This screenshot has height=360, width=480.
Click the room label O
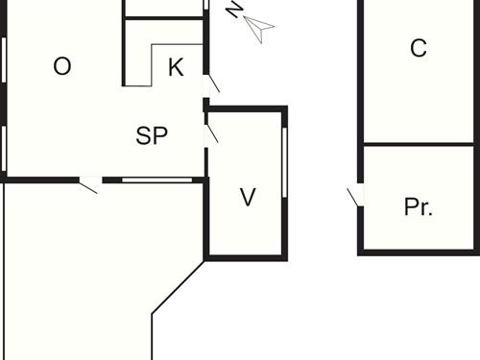[62, 66]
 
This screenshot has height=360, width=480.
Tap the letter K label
[176, 67]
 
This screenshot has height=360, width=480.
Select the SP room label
[152, 135]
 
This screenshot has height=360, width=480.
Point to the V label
[248, 198]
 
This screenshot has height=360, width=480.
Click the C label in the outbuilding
[418, 48]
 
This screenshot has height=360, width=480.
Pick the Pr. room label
[418, 207]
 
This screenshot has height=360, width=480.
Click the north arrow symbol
[259, 30]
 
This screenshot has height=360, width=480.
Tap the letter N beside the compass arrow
[233, 11]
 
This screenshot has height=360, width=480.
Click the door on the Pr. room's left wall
[355, 196]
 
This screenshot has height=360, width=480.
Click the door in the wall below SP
[88, 182]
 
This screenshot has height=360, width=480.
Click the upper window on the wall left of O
[4, 62]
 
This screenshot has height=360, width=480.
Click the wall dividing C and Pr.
[418, 145]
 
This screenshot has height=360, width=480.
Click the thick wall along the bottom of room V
[246, 256]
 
